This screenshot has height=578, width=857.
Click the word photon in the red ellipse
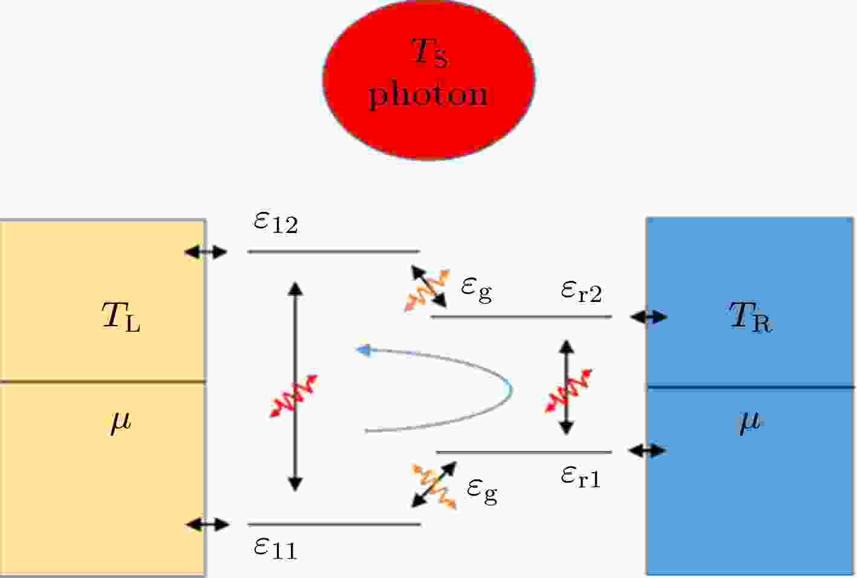click(428, 95)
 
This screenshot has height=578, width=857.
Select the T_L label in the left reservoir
click(121, 317)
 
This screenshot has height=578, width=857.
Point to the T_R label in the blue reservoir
click(751, 317)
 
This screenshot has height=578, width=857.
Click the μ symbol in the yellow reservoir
click(119, 422)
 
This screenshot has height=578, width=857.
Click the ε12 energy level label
click(275, 222)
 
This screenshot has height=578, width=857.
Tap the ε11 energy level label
click(275, 548)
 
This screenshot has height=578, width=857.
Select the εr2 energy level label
click(581, 293)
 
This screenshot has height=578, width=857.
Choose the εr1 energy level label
click(581, 478)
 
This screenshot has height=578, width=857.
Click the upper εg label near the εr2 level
click(477, 290)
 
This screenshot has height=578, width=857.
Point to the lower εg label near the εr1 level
click(482, 493)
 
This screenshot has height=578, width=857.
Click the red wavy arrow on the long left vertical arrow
click(294, 396)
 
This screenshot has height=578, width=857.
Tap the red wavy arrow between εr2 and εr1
click(568, 391)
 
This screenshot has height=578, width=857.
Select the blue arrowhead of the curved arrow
click(363, 350)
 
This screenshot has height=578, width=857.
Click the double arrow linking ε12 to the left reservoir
click(206, 252)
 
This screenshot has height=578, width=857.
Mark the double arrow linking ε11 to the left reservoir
click(207, 524)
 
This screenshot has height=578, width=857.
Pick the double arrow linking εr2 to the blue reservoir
click(649, 317)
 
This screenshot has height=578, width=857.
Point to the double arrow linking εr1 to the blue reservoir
click(648, 450)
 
